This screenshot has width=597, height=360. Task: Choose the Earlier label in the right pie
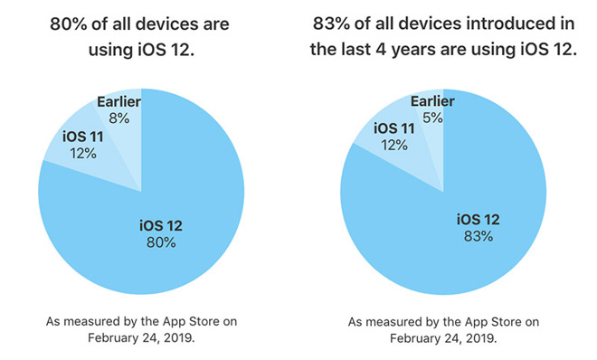coord(432,101)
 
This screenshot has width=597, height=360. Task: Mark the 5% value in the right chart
coord(432,117)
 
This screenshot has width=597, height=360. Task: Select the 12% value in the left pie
coord(82,153)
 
